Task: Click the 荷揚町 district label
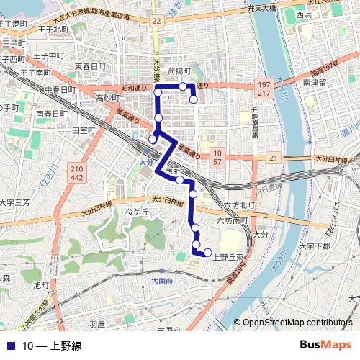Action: [179, 71]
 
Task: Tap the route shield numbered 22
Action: [156, 21]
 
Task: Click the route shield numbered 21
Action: [273, 156]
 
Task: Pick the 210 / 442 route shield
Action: [76, 173]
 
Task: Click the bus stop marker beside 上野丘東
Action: [208, 252]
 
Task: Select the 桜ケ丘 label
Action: [136, 212]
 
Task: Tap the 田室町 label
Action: [84, 130]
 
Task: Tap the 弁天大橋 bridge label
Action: [261, 8]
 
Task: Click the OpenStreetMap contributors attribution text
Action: [297, 322]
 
